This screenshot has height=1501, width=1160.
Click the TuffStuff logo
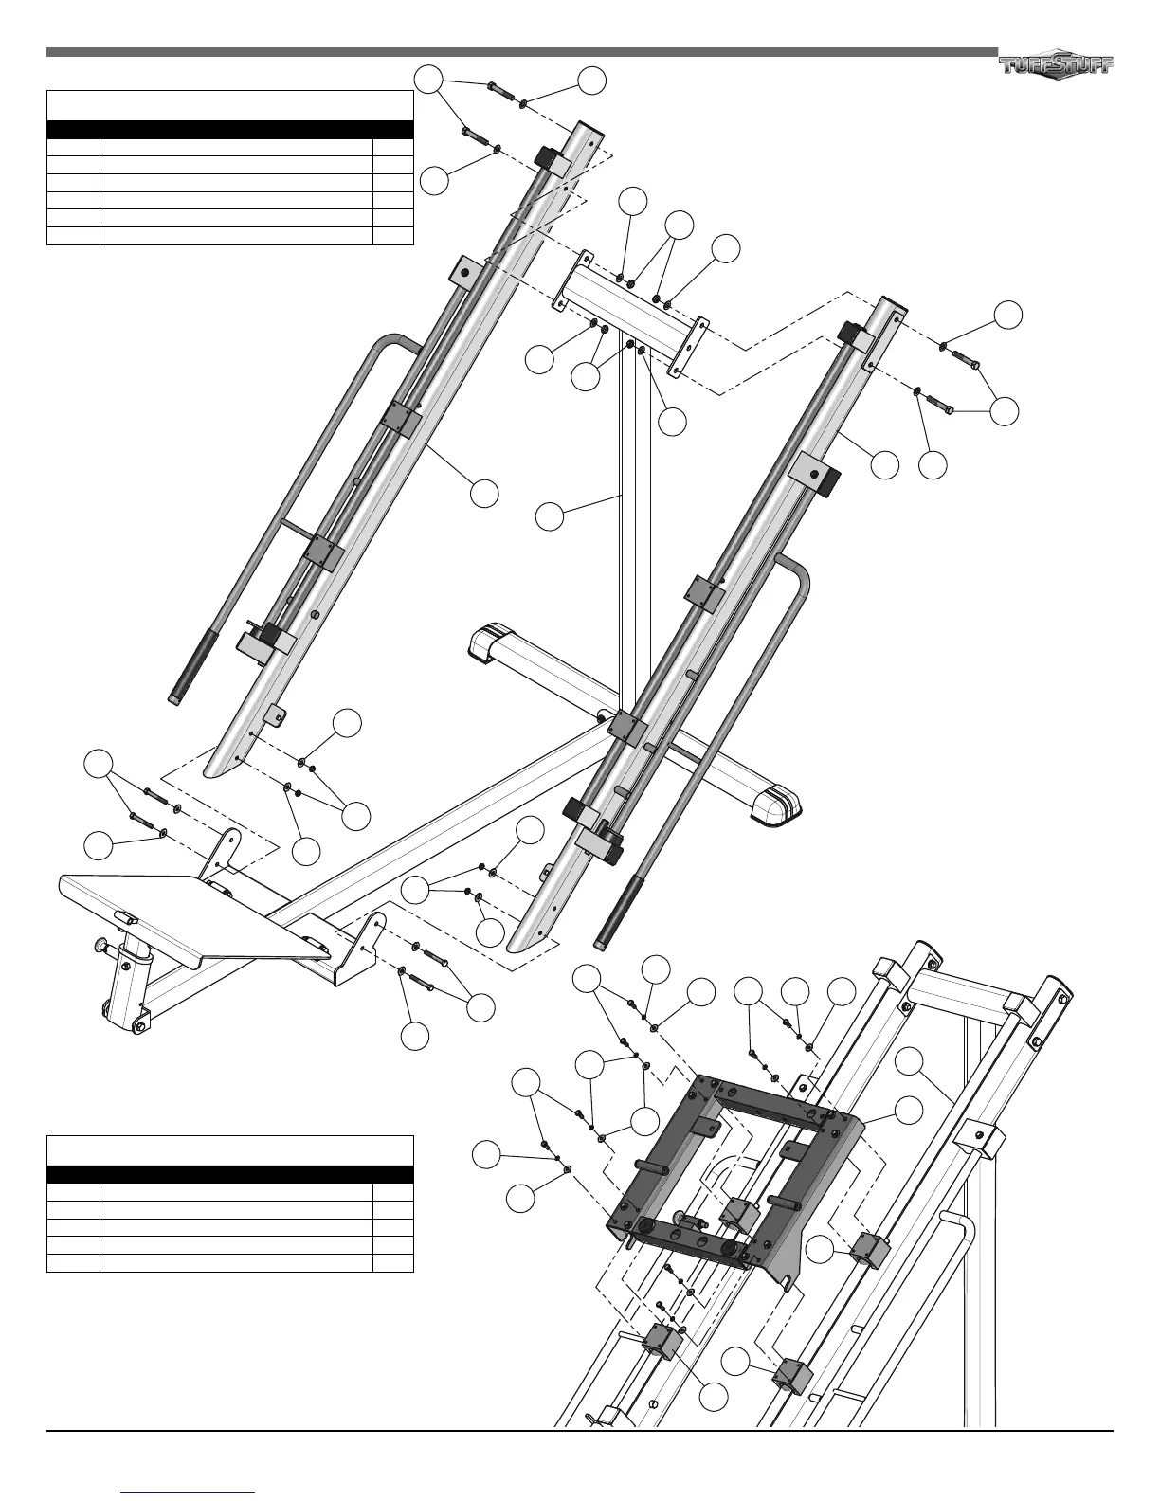tap(1056, 63)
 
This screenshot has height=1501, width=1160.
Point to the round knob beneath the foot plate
tap(99, 945)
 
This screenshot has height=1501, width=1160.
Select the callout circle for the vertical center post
tap(549, 516)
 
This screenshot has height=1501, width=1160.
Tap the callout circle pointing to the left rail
tap(485, 493)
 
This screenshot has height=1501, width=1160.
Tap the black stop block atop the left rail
tap(551, 156)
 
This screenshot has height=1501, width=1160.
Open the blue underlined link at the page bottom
tap(189, 1491)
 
